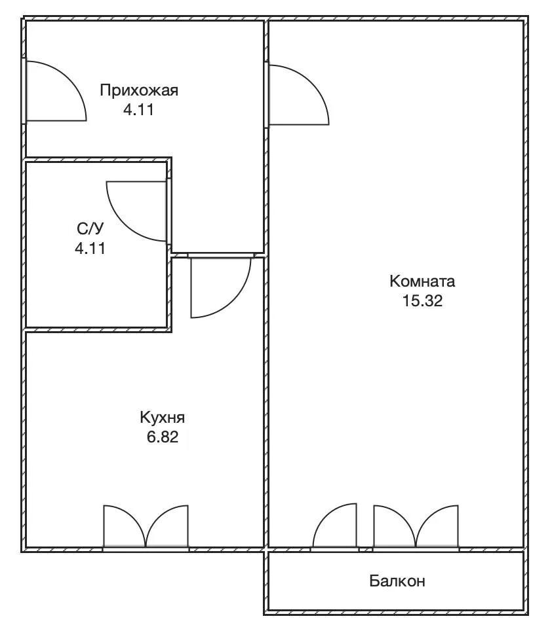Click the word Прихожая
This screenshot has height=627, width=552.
(139, 91)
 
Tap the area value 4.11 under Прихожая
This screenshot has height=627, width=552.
(138, 109)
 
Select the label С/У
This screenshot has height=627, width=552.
(90, 228)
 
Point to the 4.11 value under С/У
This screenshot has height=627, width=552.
(90, 248)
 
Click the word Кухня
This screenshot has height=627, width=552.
(162, 418)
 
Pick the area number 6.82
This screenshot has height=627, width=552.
(162, 437)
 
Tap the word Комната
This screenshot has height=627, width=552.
(422, 281)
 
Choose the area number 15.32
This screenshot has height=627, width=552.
(422, 300)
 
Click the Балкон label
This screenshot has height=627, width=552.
(397, 581)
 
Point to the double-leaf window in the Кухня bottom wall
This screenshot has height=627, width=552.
(146, 527)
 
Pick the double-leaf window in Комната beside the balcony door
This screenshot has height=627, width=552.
(416, 527)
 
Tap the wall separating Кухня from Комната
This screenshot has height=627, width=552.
(266, 400)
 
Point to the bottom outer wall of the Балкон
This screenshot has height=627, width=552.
(396, 612)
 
